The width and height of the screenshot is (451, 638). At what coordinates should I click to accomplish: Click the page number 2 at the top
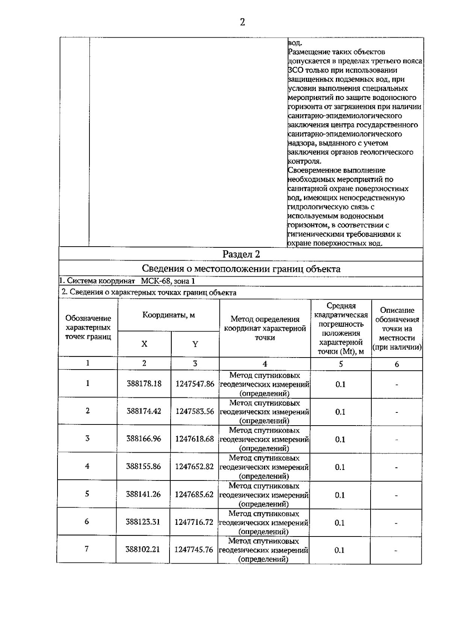coord(242,22)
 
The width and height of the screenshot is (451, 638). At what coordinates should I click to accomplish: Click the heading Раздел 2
coord(241,255)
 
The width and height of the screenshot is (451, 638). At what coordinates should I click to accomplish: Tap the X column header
coord(144,344)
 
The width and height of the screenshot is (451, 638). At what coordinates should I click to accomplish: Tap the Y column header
coord(195,344)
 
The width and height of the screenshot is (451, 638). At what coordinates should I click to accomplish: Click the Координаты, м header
coord(168,315)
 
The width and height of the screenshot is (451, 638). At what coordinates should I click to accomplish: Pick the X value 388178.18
coord(144,384)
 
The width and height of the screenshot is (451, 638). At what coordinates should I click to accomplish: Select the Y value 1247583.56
coord(195,411)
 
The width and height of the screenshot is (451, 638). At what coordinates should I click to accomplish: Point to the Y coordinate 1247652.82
coord(194,467)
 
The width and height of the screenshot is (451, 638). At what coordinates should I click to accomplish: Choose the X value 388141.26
coord(143,494)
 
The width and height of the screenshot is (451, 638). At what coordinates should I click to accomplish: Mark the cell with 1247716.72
coord(194,522)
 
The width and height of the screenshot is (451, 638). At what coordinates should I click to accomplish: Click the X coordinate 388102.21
coord(143,550)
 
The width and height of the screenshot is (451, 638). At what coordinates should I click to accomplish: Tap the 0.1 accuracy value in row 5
coord(340,495)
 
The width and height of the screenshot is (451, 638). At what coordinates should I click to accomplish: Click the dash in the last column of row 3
coord(397,439)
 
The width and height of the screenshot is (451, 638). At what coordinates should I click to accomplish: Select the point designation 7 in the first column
coord(87,549)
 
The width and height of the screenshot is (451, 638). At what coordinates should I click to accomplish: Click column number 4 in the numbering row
coord(265,364)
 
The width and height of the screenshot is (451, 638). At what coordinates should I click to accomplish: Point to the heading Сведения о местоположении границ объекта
coord(241,269)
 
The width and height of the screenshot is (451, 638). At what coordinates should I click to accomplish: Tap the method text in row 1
coord(265,384)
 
